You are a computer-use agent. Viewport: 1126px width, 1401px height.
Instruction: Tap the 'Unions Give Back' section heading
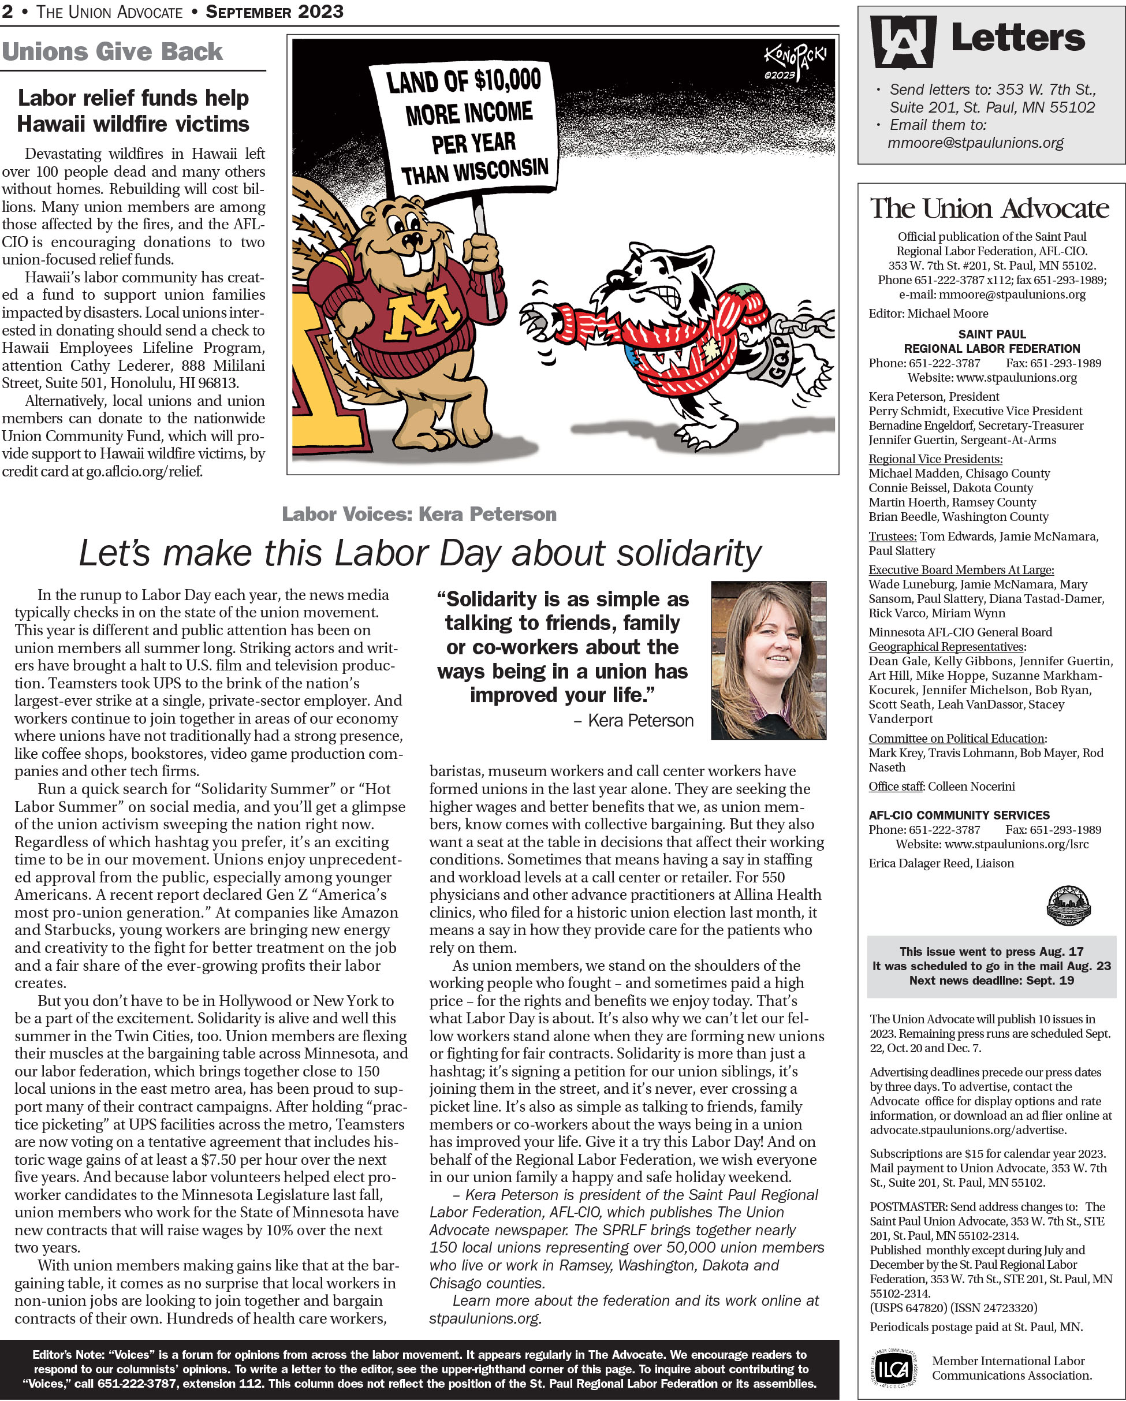point(112,51)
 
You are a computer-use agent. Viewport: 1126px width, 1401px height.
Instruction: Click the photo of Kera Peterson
point(768,659)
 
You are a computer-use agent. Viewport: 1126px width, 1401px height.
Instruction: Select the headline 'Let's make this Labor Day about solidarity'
point(420,553)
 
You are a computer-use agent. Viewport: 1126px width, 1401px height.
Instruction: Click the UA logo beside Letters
point(903,41)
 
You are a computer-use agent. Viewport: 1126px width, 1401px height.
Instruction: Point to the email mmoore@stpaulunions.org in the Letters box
point(975,142)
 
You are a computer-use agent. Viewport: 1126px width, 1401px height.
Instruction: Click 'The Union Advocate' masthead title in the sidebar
point(990,208)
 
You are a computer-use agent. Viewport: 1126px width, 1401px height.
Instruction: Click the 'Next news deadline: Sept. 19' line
point(991,980)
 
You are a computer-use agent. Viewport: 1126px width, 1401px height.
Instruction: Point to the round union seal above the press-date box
point(1068,904)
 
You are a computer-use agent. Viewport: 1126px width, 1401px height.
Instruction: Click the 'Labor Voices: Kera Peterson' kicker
point(419,514)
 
